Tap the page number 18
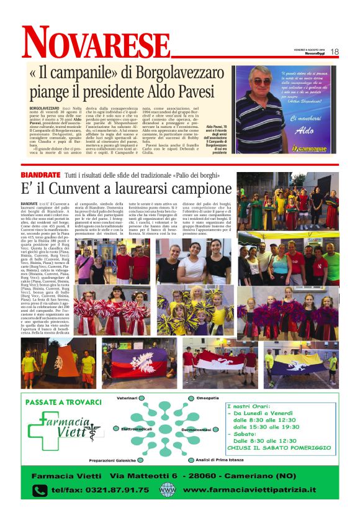[x=334, y=52]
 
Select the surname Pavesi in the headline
[x=186, y=92]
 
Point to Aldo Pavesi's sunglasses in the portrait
[x=261, y=81]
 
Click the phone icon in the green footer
[x=40, y=491]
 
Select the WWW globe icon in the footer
[x=167, y=490]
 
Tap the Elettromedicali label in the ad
[x=137, y=429]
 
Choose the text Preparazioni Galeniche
[x=114, y=460]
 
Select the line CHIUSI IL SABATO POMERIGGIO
[x=280, y=447]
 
